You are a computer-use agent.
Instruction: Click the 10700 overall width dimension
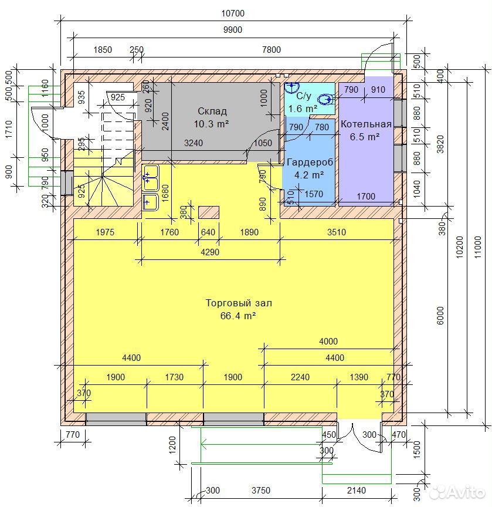[233, 13]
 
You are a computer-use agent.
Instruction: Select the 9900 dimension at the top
[233, 30]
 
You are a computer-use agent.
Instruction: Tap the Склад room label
[212, 111]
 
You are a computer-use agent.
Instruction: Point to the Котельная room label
[366, 124]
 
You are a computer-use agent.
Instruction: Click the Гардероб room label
[310, 163]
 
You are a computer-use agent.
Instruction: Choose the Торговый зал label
[239, 303]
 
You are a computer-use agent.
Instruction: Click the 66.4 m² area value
[238, 316]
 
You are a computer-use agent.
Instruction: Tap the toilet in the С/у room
[325, 99]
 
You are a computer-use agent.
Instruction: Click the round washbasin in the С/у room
[291, 87]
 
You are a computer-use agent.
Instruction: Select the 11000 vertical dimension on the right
[478, 247]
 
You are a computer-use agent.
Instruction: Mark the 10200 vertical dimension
[459, 247]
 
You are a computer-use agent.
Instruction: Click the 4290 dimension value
[210, 252]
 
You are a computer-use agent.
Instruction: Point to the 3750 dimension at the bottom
[261, 491]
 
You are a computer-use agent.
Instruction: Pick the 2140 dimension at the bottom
[357, 491]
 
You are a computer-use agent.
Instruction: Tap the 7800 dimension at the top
[272, 50]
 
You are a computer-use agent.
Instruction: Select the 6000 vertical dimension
[440, 316]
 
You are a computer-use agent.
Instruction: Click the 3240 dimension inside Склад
[194, 143]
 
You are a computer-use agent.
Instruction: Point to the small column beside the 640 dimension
[209, 212]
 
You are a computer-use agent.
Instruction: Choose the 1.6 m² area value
[303, 109]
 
